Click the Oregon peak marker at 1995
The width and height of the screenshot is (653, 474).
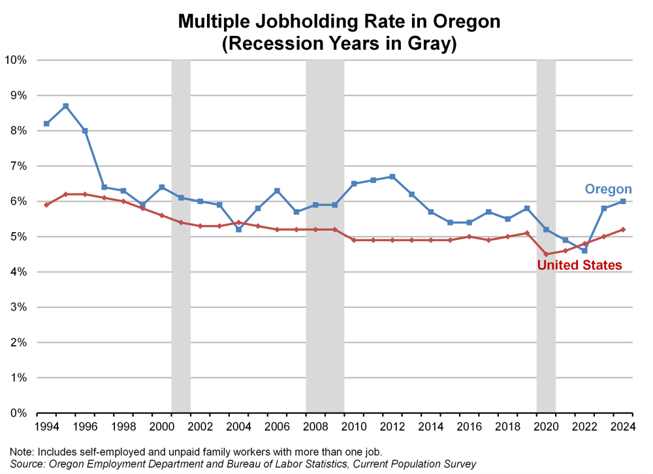click(x=66, y=106)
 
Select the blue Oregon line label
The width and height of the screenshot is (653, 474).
click(x=608, y=189)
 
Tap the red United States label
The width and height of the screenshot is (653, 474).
click(x=579, y=265)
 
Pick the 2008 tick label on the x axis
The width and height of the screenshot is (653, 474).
click(x=316, y=427)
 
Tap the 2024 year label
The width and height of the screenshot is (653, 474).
click(x=623, y=427)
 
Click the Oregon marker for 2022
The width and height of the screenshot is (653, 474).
click(x=584, y=250)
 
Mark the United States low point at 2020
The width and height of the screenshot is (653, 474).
click(x=546, y=254)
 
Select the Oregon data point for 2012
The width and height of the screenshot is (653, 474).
click(x=392, y=177)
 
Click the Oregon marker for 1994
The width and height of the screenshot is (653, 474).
click(x=46, y=124)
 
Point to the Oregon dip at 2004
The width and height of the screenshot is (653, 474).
click(x=238, y=229)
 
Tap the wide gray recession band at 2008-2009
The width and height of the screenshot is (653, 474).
click(x=325, y=294)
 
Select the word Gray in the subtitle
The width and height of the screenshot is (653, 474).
click(x=423, y=44)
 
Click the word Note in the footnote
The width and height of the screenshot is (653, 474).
click(x=21, y=451)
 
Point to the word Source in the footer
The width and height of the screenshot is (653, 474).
click(x=25, y=463)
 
